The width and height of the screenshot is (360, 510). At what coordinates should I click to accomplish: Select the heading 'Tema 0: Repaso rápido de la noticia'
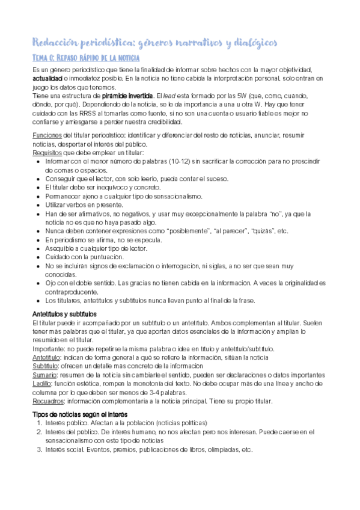click(85, 58)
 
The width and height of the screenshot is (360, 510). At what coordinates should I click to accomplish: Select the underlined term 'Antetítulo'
click(46, 357)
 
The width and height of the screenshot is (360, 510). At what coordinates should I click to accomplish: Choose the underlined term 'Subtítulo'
click(45, 366)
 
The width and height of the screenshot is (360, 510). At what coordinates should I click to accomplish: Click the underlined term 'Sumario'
click(44, 375)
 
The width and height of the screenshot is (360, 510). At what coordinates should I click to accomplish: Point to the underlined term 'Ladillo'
click(42, 383)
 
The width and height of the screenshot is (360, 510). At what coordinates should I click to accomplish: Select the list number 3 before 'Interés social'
click(39, 449)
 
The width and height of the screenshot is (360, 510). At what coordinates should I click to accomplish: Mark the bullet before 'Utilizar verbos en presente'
click(39, 205)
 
